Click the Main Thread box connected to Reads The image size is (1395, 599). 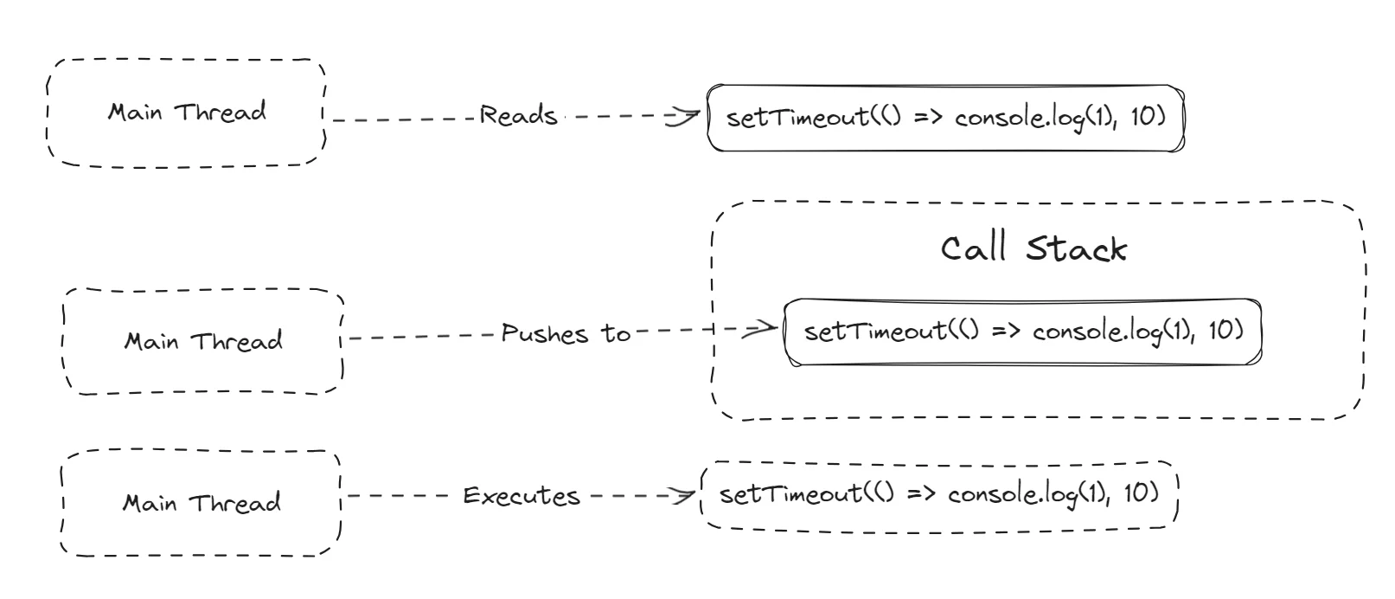186,113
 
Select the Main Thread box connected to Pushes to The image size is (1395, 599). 203,341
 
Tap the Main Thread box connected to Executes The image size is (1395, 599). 201,503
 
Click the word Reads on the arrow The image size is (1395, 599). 517,115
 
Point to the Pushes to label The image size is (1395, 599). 566,333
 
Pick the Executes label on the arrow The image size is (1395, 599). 521,496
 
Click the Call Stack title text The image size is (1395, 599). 1033,248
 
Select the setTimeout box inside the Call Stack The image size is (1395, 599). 1022,332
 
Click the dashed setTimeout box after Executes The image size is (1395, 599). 938,494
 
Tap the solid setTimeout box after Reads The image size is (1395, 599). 945,118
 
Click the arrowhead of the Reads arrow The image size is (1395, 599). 688,116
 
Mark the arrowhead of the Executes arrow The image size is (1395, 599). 686,496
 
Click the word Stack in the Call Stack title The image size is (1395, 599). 1076,248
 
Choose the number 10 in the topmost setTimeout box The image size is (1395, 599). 1146,116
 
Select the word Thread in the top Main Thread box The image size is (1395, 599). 221,113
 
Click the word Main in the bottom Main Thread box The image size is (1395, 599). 150,503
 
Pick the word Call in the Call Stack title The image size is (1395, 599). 974,248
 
